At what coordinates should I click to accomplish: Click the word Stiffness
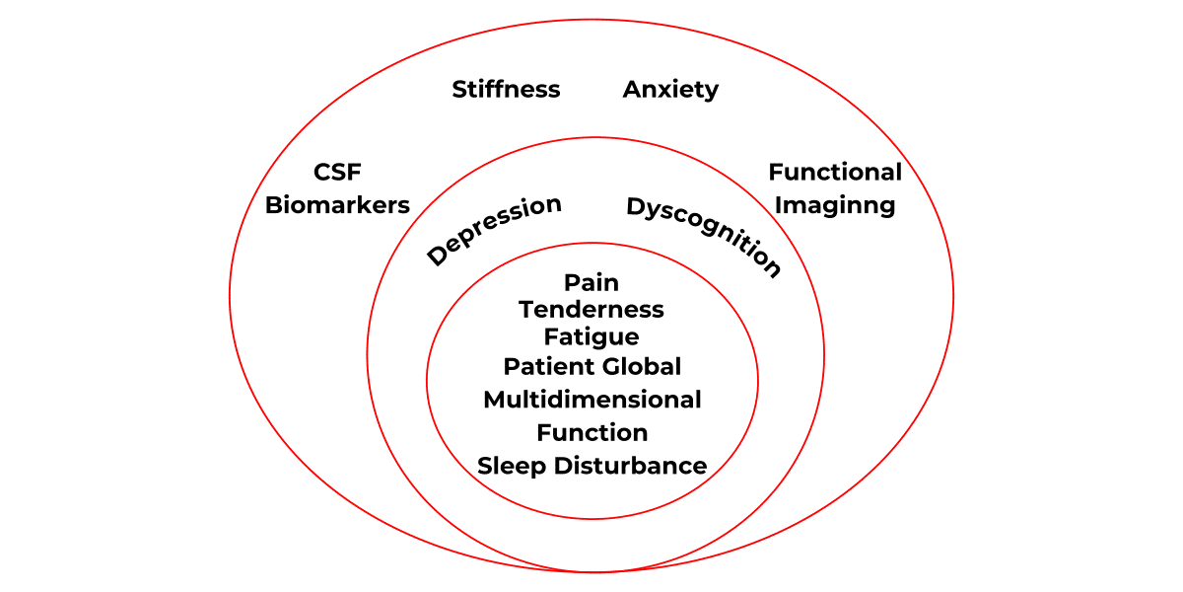[x=506, y=90]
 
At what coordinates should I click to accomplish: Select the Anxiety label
[x=670, y=90]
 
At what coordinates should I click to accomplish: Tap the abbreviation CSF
[x=337, y=173]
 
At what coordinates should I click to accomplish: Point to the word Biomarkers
[x=337, y=205]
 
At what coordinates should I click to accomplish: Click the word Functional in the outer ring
[x=835, y=173]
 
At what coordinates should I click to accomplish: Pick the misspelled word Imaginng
[x=835, y=205]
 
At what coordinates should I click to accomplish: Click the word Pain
[x=591, y=283]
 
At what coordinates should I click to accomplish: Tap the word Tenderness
[x=591, y=310]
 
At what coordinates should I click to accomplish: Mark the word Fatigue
[x=591, y=337]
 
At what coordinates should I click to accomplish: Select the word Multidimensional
[x=591, y=400]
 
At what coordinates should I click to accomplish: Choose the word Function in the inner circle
[x=591, y=433]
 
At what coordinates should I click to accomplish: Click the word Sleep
[x=512, y=466]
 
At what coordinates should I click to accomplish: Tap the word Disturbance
[x=630, y=466]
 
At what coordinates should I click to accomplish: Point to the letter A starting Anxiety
[x=632, y=90]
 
